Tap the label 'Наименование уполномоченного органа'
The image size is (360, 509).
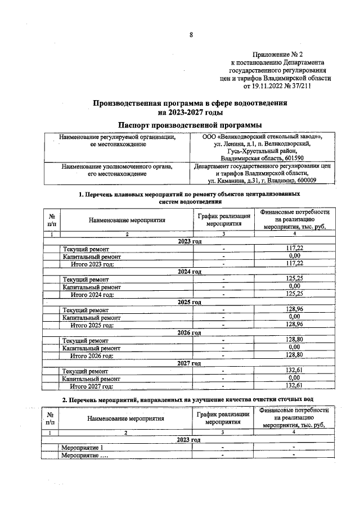[x=118, y=166]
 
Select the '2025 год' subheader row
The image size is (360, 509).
[x=190, y=302]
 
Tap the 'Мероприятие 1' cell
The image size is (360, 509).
[x=82, y=448]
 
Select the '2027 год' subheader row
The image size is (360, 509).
[x=190, y=363]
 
